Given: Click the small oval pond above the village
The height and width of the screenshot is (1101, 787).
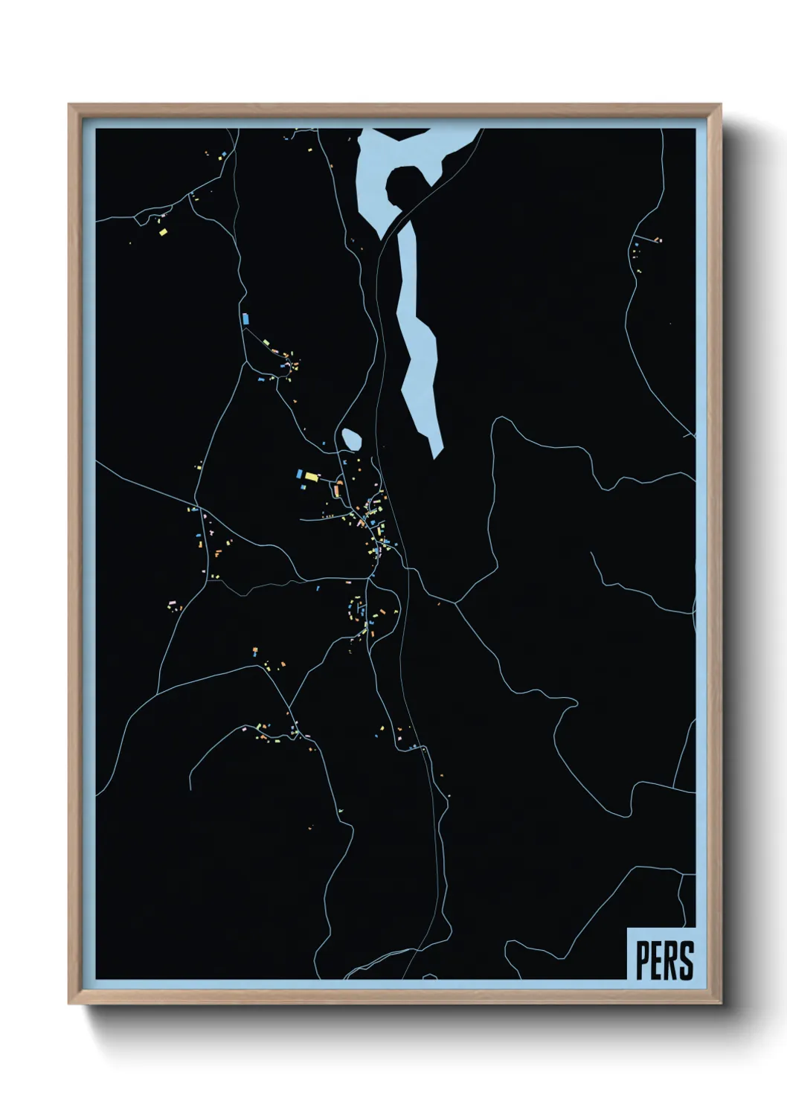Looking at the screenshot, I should click(351, 440).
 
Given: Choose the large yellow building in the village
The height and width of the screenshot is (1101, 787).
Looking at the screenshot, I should click(311, 476).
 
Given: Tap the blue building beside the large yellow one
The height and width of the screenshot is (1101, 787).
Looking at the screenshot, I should click(299, 474).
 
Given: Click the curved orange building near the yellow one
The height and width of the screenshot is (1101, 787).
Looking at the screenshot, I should click(337, 489).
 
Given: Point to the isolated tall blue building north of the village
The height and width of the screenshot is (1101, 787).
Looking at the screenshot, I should click(245, 318).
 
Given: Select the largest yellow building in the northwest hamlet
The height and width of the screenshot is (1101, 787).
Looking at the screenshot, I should click(163, 232).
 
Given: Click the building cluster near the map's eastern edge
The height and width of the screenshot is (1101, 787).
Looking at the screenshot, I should click(640, 249).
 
